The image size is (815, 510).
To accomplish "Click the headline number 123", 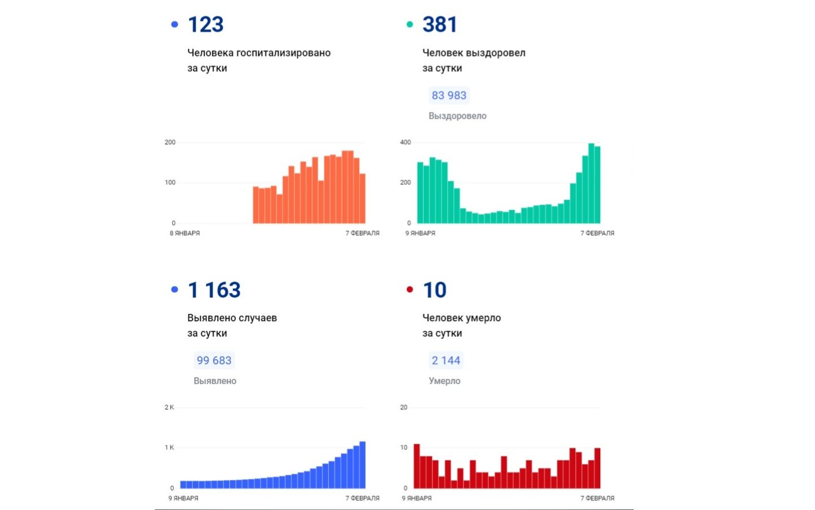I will point(206,25).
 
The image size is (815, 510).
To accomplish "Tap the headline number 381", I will point(440,25).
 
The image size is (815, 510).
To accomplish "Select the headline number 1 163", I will point(214,290).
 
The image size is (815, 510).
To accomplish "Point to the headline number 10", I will point(435,290).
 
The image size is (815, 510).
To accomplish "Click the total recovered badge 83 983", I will point(449,96).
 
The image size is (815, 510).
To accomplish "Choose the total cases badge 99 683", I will point(214,361).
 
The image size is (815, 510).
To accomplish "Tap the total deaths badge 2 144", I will point(446,361).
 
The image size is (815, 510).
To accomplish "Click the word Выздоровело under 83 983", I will point(457,116).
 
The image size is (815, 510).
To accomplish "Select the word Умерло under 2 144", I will point(444,381).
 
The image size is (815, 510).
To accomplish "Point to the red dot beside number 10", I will point(410,289).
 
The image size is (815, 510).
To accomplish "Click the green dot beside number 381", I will point(410,24).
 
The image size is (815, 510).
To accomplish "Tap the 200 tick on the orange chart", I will point(170,142).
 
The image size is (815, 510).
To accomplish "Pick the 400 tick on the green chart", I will point(405,142).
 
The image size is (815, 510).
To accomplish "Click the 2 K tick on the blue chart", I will point(169,408).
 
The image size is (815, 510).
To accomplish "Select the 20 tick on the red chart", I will point(404,408).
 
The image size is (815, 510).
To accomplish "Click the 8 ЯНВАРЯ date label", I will point(185,233).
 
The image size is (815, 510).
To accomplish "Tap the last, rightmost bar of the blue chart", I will point(362,465).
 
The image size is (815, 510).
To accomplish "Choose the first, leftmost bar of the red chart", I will point(417,466).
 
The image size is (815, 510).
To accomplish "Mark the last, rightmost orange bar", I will point(362,198).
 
